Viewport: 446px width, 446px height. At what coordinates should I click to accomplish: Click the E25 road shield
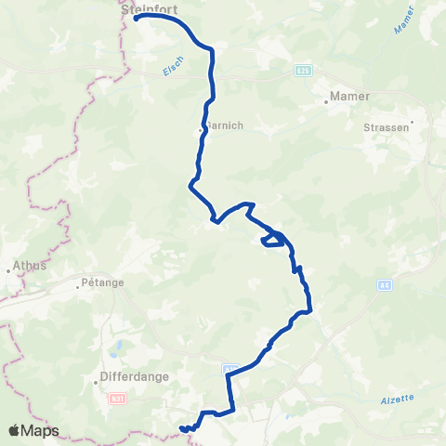point(304,70)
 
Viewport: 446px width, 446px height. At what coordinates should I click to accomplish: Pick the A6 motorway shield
point(384,286)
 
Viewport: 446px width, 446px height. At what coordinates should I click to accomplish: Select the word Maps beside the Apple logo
point(41,430)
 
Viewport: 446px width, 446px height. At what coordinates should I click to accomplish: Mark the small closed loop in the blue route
point(272,240)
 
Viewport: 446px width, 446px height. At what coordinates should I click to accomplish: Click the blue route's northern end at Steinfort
point(137,18)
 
